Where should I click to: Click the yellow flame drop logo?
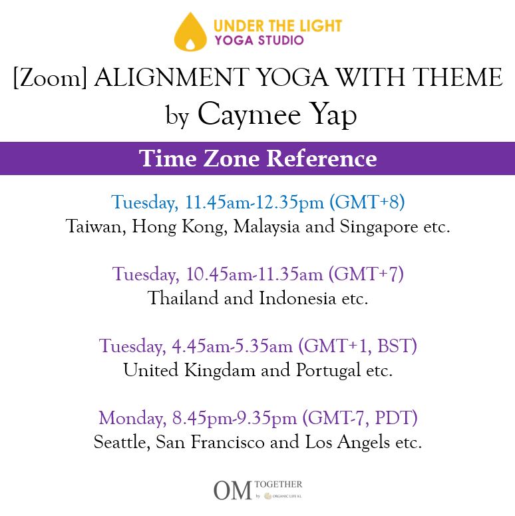pos(190,32)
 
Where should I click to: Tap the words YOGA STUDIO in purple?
pos(259,41)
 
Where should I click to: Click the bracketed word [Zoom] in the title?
pos(50,78)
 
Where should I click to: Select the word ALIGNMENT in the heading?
pos(171,77)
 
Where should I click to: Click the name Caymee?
pos(250,115)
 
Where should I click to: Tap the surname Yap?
pos(333,115)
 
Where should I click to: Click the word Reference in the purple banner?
pos(321,158)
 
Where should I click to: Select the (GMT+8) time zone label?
pos(367,202)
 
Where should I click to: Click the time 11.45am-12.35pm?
pos(254,202)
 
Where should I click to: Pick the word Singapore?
pos(379,227)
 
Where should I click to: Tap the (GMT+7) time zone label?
pos(366,274)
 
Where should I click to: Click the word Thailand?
pos(182,298)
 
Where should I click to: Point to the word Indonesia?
pos(297,298)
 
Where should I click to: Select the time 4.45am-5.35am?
pos(232,346)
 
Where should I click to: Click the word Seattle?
pos(122,441)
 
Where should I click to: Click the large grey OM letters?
pos(233,490)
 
